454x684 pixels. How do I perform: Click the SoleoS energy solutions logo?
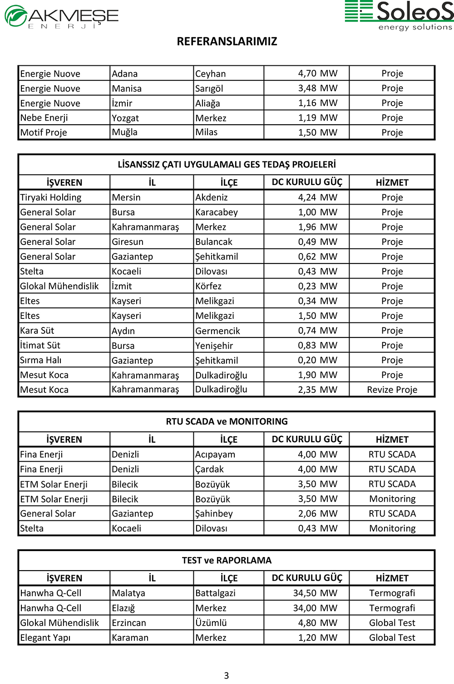click(x=400, y=15)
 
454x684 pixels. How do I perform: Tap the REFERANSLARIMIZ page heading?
click(x=227, y=41)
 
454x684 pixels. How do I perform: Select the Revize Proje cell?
click(x=392, y=390)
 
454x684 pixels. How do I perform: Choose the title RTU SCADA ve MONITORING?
click(x=227, y=421)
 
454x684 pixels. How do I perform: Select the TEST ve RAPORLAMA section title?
click(x=227, y=560)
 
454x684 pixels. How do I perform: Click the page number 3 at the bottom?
click(x=227, y=675)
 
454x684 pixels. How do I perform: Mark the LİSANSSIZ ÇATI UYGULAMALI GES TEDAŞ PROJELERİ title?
click(x=227, y=164)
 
